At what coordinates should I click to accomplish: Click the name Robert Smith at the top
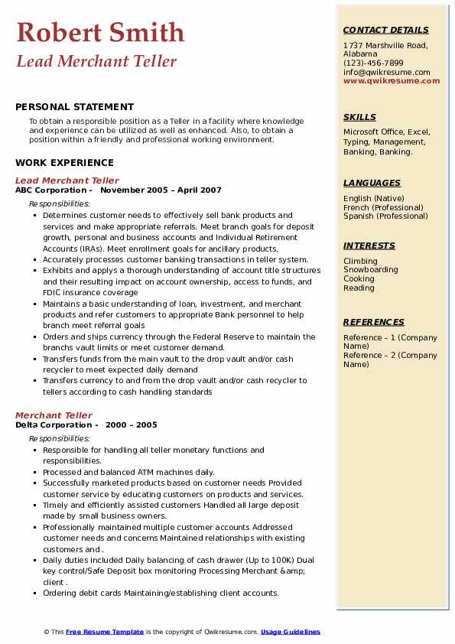click(x=100, y=32)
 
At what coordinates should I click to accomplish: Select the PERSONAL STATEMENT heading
click(x=74, y=107)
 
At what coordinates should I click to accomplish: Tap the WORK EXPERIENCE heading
click(x=64, y=162)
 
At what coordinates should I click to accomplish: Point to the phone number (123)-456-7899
click(x=373, y=63)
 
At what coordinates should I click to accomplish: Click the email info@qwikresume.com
click(x=386, y=72)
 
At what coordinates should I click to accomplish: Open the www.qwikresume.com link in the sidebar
click(x=392, y=80)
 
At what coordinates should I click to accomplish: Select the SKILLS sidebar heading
click(x=359, y=117)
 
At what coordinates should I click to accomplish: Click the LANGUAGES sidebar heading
click(x=372, y=183)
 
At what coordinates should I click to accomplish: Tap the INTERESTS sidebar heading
click(x=369, y=246)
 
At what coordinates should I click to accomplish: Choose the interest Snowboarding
click(x=371, y=269)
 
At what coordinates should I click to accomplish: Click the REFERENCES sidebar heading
click(x=373, y=322)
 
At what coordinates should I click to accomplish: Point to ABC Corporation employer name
click(x=50, y=190)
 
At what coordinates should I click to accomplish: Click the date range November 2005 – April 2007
click(x=161, y=190)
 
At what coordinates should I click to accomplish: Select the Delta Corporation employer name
click(x=54, y=424)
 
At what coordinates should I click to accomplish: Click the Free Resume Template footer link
click(x=105, y=632)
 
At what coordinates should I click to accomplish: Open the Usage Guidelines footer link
click(x=290, y=632)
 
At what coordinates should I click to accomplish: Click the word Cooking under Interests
click(x=359, y=278)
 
